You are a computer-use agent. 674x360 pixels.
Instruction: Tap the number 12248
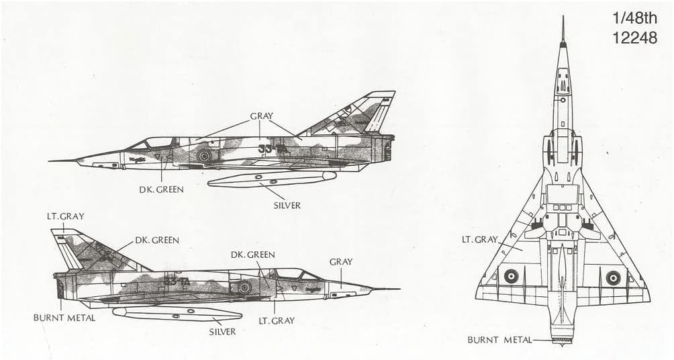634,38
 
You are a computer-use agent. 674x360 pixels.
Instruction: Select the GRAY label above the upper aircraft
261,116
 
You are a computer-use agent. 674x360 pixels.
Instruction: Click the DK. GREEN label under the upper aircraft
162,189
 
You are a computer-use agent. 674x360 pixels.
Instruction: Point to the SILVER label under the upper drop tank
285,205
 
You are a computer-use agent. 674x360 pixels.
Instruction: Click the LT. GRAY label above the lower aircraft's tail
66,216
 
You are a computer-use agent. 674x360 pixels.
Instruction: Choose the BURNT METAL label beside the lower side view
64,318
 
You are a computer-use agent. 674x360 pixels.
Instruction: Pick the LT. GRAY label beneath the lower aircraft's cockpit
276,320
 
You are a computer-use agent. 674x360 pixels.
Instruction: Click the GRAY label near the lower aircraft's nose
341,261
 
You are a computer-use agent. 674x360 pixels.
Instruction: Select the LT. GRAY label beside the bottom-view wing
479,239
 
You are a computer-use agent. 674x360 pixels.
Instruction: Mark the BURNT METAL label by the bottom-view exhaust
500,340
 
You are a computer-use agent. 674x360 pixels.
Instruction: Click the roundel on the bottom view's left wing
512,275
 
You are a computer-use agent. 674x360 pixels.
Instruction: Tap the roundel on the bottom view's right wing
613,277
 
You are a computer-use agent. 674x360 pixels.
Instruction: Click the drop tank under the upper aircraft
271,179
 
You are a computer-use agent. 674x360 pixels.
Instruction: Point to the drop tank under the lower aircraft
177,313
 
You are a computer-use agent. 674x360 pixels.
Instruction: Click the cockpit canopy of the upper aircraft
155,142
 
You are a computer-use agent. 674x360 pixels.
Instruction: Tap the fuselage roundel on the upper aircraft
203,156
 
